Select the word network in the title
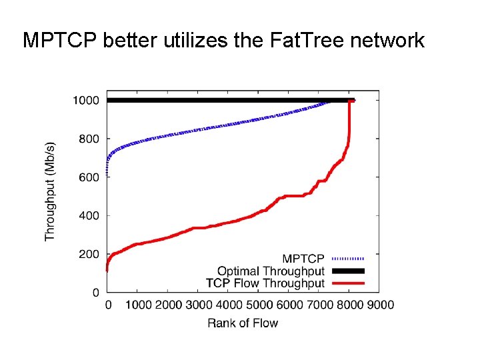click(389, 41)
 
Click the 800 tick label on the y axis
click(89, 139)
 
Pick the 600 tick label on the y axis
click(89, 177)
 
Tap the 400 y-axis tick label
click(89, 216)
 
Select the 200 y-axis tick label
click(89, 255)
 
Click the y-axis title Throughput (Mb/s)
click(51, 190)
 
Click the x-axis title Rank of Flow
click(243, 323)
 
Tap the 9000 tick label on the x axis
click(379, 305)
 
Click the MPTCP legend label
click(303, 259)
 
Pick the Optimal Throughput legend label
click(271, 271)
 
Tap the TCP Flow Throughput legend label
click(265, 283)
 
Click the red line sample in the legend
click(347, 283)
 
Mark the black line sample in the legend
click(347, 271)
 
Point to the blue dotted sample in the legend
click(347, 259)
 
